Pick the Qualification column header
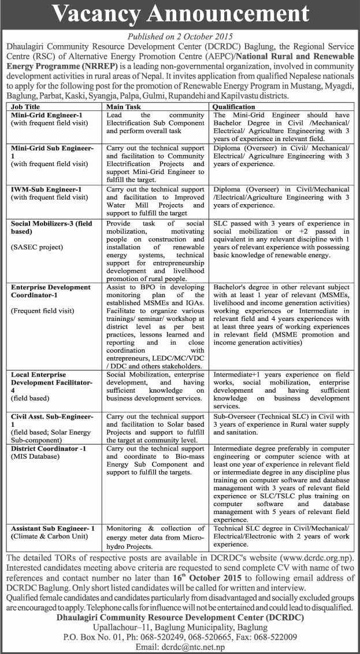tap(233, 107)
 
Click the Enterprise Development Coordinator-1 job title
tap(51, 291)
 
